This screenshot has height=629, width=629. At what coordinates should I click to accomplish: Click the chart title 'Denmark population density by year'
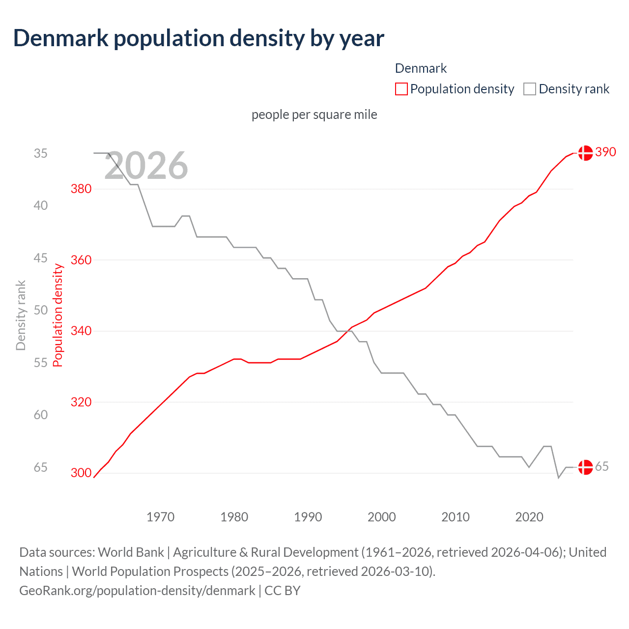coord(199,38)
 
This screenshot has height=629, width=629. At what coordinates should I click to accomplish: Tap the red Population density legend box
coord(401,89)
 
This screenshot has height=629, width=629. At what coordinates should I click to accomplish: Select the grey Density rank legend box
coord(529,89)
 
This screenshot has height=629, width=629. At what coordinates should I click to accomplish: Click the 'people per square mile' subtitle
coord(314,114)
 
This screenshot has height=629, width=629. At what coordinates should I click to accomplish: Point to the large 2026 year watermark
coord(146,166)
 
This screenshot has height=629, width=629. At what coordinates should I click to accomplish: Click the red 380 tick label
coord(81,189)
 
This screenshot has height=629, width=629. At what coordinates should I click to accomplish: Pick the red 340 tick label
coord(81,331)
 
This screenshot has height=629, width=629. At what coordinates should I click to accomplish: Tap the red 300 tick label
coord(81,473)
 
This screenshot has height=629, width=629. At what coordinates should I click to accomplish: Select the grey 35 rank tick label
coord(41,153)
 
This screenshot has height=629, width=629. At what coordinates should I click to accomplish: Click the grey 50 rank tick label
coord(41,310)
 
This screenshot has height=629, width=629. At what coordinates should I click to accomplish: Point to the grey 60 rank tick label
coord(41,415)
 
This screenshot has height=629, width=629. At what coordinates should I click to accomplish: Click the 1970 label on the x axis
coord(160,517)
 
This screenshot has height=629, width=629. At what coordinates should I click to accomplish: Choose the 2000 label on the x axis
coord(381,517)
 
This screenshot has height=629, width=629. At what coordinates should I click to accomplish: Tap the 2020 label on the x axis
coord(529,517)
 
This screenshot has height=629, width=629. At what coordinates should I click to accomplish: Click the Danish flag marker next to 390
coord(585,153)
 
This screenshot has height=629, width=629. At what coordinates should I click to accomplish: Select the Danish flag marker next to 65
coord(585,467)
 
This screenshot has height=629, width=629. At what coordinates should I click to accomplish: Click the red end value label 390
coord(605,152)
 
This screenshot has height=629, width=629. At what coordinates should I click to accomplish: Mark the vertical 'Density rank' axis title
coord(21,315)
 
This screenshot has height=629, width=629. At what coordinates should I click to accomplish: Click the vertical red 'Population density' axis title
coord(58,315)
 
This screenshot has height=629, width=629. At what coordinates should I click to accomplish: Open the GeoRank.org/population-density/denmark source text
coord(137,590)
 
